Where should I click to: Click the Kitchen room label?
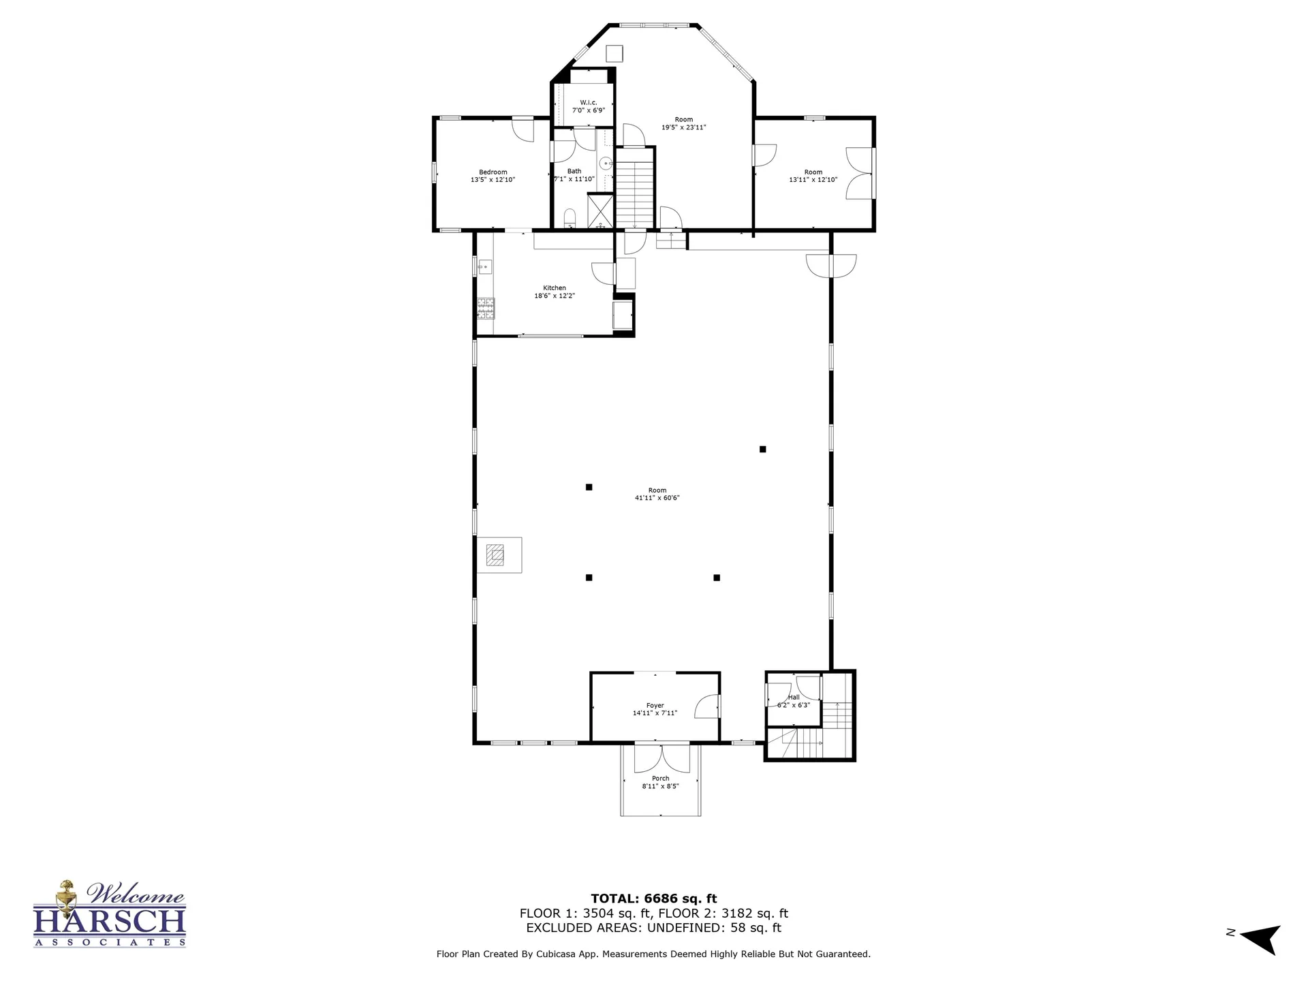point(555,288)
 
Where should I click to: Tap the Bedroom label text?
point(493,172)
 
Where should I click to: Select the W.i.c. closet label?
point(589,102)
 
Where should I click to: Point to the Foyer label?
point(655,706)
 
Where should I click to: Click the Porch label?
point(660,779)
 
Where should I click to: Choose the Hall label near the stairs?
point(794,698)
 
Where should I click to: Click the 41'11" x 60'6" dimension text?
point(657,498)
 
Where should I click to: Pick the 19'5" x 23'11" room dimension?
point(684,127)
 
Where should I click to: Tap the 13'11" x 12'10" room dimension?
point(813,180)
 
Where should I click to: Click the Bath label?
point(574,172)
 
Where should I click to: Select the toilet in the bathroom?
point(570,218)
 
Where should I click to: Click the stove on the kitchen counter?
point(486,309)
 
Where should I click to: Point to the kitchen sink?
point(485,266)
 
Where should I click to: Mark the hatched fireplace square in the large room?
point(495,555)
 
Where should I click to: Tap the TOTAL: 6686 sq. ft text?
point(654,899)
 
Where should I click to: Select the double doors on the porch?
point(661,759)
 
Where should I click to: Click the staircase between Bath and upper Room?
point(635,189)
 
